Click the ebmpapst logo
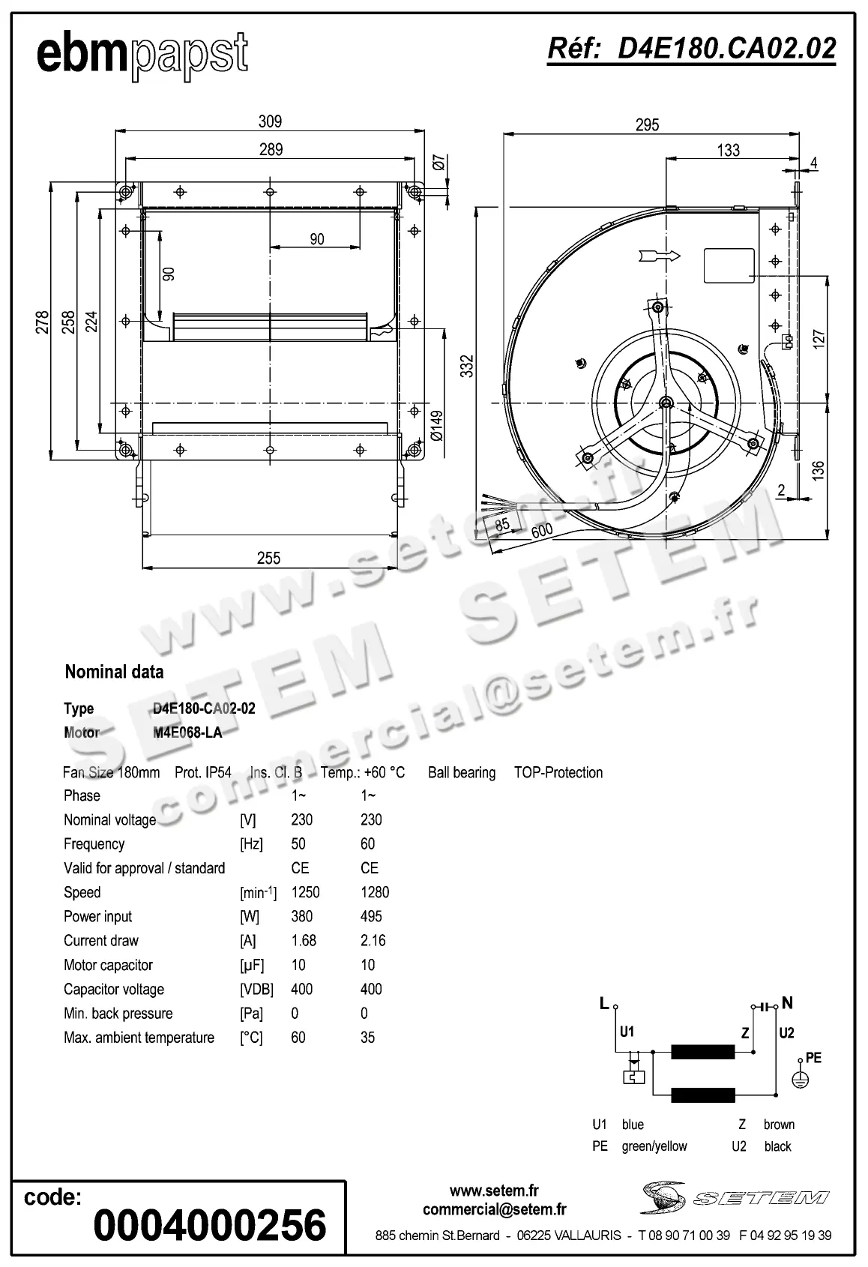coord(142,55)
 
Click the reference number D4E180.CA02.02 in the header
coord(691,49)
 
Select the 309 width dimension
coord(270,121)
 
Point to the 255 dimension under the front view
coord(268,558)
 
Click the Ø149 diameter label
coord(437,427)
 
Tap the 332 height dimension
coord(467,366)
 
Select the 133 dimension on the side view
coord(728,150)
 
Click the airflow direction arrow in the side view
coord(660,256)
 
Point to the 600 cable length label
coord(541,531)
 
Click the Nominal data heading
coord(114,672)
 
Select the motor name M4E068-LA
coord(187,732)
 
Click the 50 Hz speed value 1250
coord(305,892)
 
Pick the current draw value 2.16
coord(373,940)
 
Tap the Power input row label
coord(97,916)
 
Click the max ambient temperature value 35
coord(367,1038)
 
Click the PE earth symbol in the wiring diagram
coord(801,1079)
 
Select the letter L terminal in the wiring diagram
coord(604,1003)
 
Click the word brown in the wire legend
coord(779,1125)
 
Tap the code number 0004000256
coord(210,1225)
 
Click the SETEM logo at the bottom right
coord(735,1197)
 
